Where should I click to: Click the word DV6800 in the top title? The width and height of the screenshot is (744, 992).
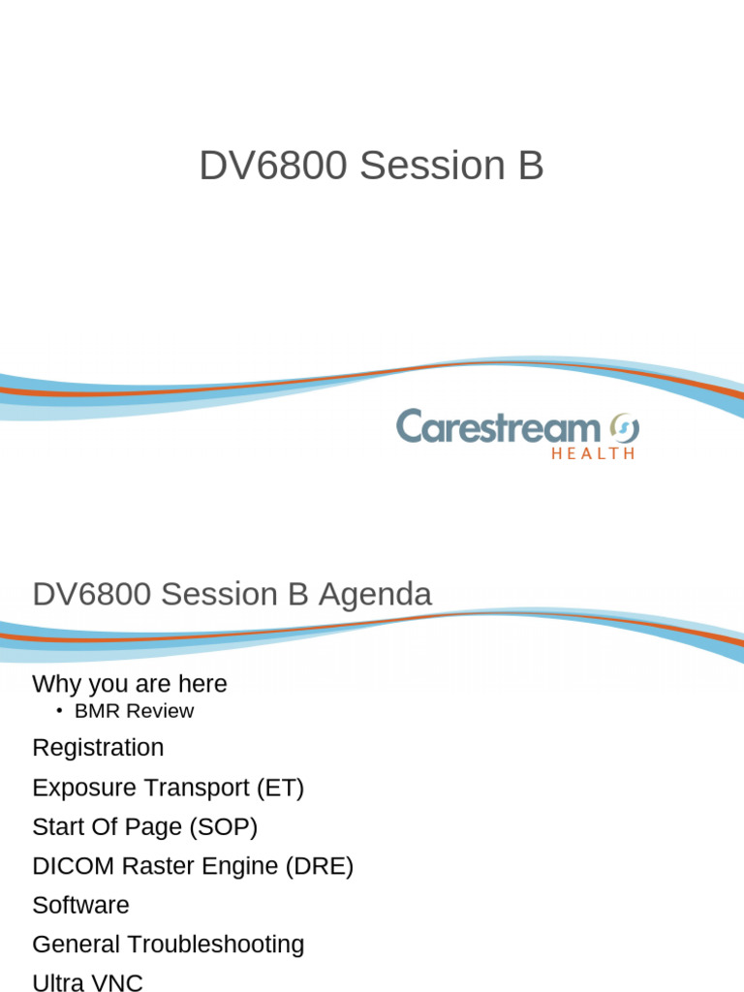272,167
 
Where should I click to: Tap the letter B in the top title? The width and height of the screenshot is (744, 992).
530,167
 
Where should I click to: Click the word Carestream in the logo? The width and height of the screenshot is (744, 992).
498,427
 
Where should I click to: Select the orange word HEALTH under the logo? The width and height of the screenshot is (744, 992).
593,453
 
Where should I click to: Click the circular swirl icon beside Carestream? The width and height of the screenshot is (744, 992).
624,426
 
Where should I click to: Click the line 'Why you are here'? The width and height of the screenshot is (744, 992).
129,684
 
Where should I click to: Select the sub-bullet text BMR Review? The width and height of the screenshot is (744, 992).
134,711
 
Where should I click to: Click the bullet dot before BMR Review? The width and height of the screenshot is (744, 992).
59,711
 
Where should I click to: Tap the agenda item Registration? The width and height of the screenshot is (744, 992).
98,748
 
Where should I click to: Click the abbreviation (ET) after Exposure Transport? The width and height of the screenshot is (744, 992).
280,788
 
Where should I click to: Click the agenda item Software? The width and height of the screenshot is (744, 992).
80,906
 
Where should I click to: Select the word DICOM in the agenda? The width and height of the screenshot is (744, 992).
67,866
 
